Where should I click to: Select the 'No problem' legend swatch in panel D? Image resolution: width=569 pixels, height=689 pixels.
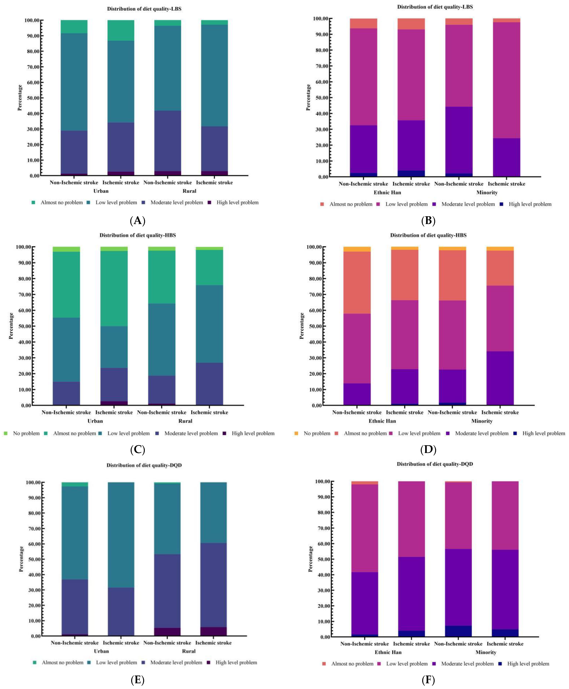[x=296, y=433]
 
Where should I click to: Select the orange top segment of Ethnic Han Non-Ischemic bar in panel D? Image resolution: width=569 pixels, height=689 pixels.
[x=357, y=249]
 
